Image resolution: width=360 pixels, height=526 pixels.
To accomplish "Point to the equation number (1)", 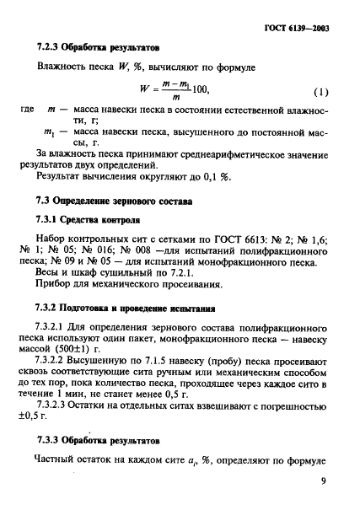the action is (x=321, y=91).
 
